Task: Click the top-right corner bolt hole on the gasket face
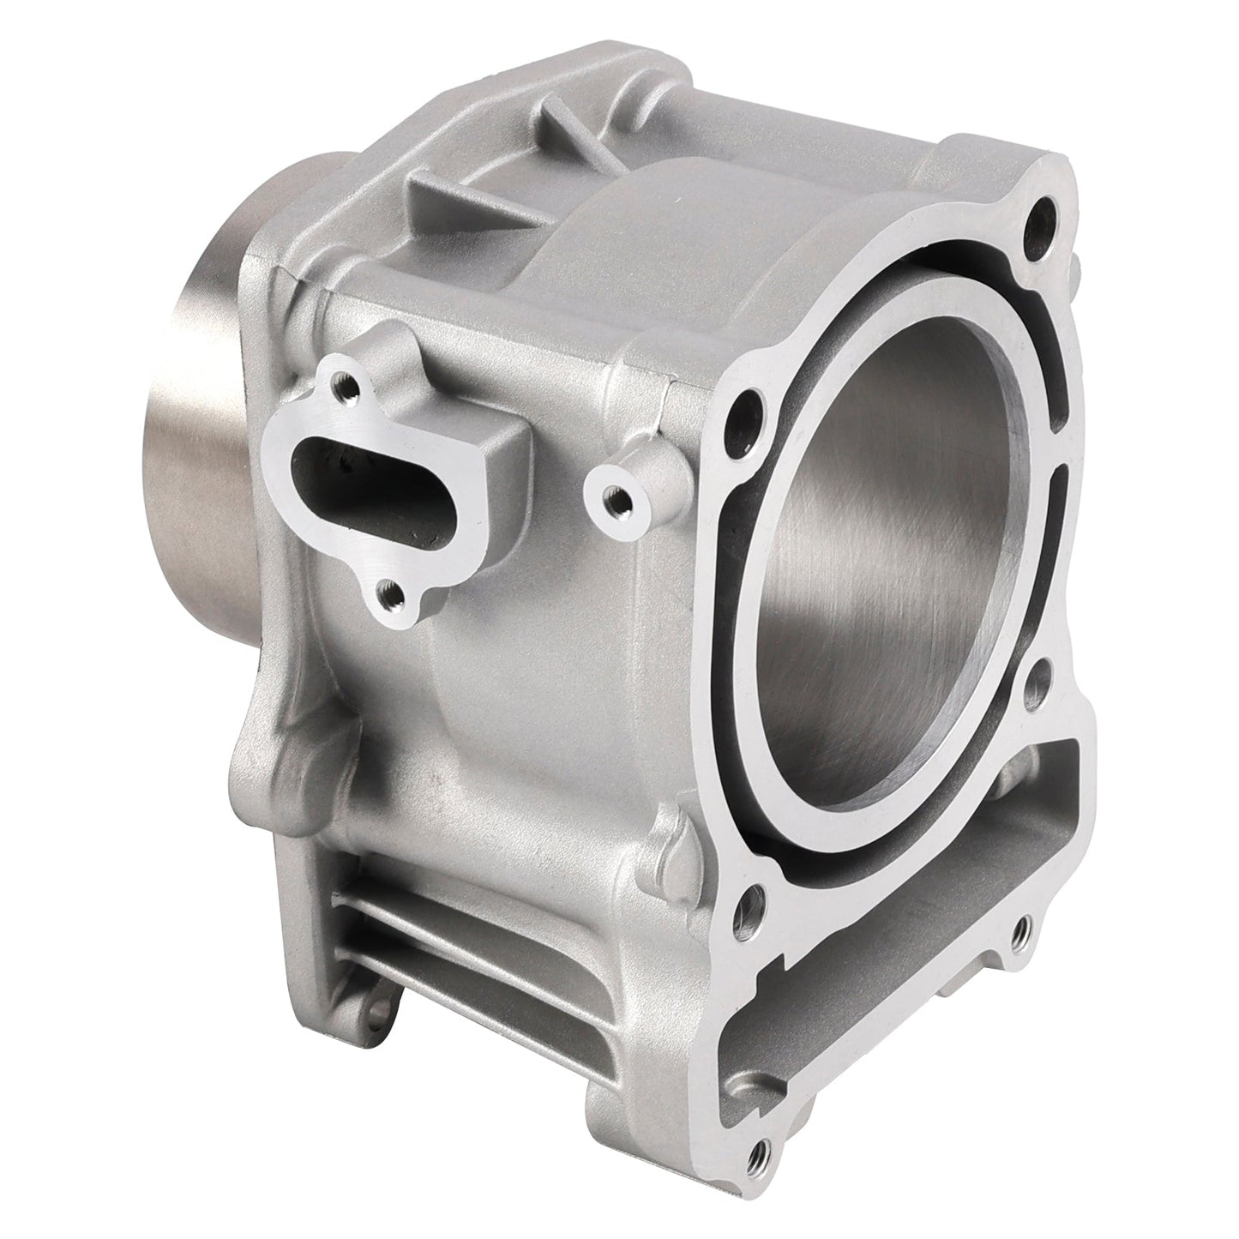pyautogui.click(x=1044, y=210)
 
